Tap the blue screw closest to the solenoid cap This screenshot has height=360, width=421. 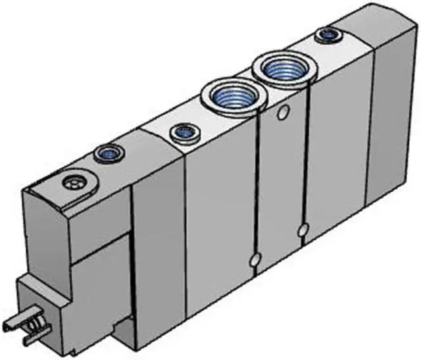[x=105, y=155]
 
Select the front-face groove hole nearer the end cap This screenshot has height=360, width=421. [x=303, y=230]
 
